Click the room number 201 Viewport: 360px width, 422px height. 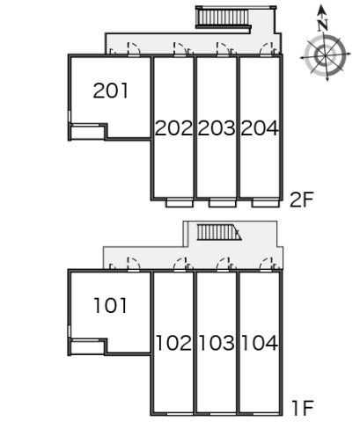click(111, 91)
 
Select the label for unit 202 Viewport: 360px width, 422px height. click(173, 128)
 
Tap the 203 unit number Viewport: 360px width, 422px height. click(217, 128)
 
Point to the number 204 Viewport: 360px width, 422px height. click(260, 128)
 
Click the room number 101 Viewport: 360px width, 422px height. click(111, 305)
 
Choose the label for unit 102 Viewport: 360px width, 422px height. click(173, 343)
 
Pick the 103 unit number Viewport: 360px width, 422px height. click(217, 343)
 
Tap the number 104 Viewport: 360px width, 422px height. click(260, 343)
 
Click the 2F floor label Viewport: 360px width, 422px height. click(302, 200)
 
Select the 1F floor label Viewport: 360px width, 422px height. click(303, 408)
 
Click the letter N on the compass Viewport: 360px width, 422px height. click(323, 25)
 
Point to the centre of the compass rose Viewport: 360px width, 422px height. click(325, 55)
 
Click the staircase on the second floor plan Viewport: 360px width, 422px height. click(224, 18)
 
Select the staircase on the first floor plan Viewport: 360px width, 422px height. click(219, 232)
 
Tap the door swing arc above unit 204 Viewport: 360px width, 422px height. click(266, 47)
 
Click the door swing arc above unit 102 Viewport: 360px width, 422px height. click(180, 263)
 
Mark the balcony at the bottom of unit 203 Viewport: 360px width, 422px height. click(223, 203)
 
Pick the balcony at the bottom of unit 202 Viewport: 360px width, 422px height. click(180, 203)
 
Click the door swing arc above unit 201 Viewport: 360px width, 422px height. click(135, 47)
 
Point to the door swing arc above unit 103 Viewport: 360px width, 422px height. click(223, 263)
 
